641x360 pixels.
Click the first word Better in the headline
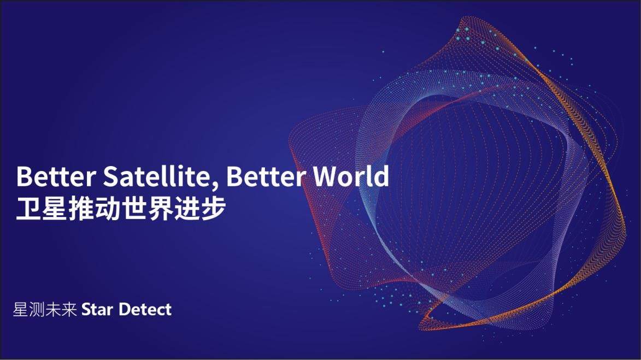click(x=56, y=176)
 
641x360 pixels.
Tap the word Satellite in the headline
click(x=157, y=176)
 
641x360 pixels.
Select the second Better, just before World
click(x=266, y=176)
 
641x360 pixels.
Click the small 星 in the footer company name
click(x=20, y=309)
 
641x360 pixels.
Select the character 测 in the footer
click(x=37, y=309)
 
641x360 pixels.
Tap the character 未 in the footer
click(x=53, y=309)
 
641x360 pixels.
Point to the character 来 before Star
click(x=69, y=309)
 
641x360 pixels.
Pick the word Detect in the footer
click(x=145, y=310)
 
